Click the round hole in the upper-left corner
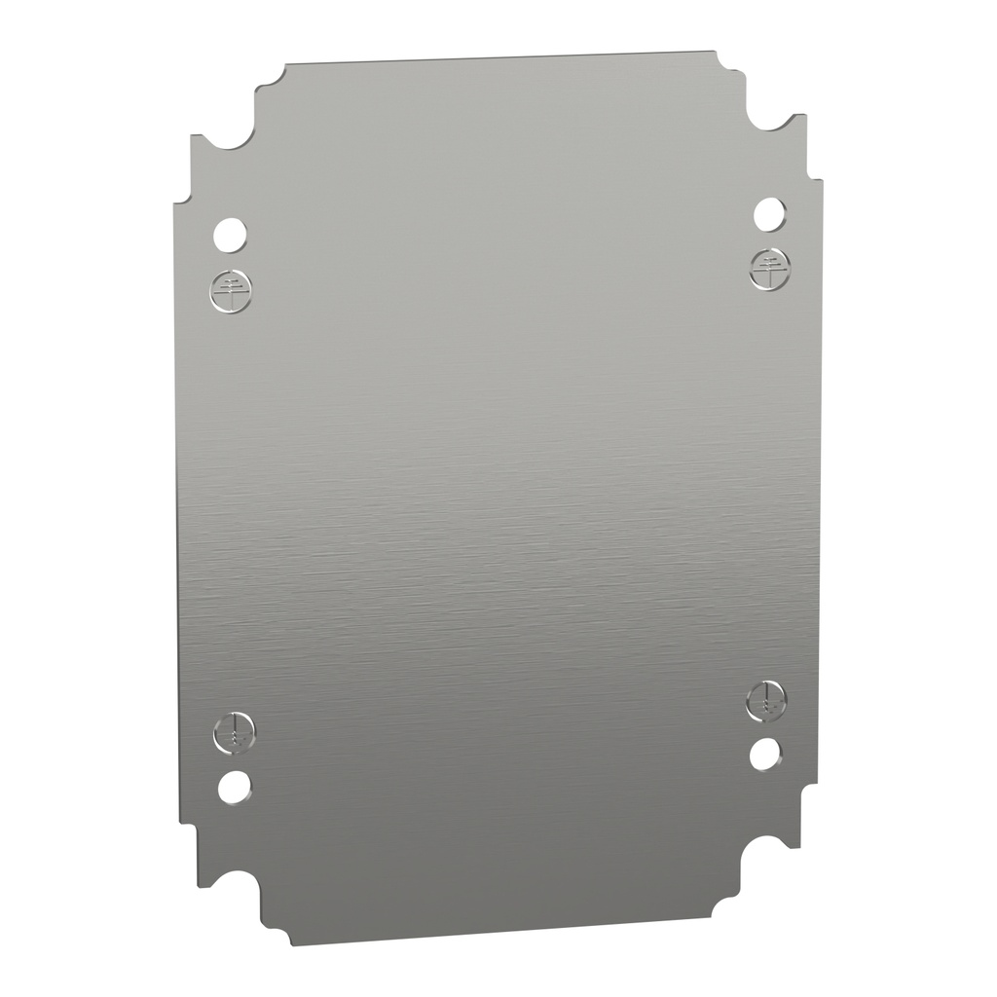pyautogui.click(x=230, y=233)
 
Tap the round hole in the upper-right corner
pyautogui.click(x=769, y=213)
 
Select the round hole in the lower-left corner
pyautogui.click(x=234, y=786)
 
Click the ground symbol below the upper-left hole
pyautogui.click(x=231, y=288)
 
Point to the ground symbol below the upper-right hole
pyautogui.click(x=770, y=268)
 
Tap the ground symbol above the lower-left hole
pyautogui.click(x=234, y=732)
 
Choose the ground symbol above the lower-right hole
pyautogui.click(x=767, y=700)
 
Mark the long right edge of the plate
pyautogui.click(x=820, y=487)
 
